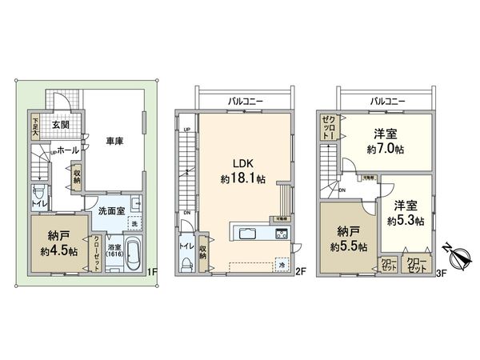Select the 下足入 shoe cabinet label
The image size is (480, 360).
[35, 129]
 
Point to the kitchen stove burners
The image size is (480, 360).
[282, 234]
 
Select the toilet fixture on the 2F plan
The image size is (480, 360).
[186, 263]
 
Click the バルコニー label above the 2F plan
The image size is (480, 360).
[247, 102]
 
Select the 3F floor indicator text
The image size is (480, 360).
[441, 273]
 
